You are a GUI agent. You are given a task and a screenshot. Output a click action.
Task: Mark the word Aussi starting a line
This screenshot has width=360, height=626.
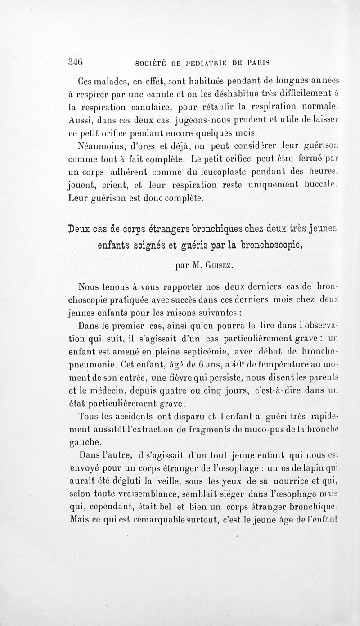pyautogui.click(x=81, y=120)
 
